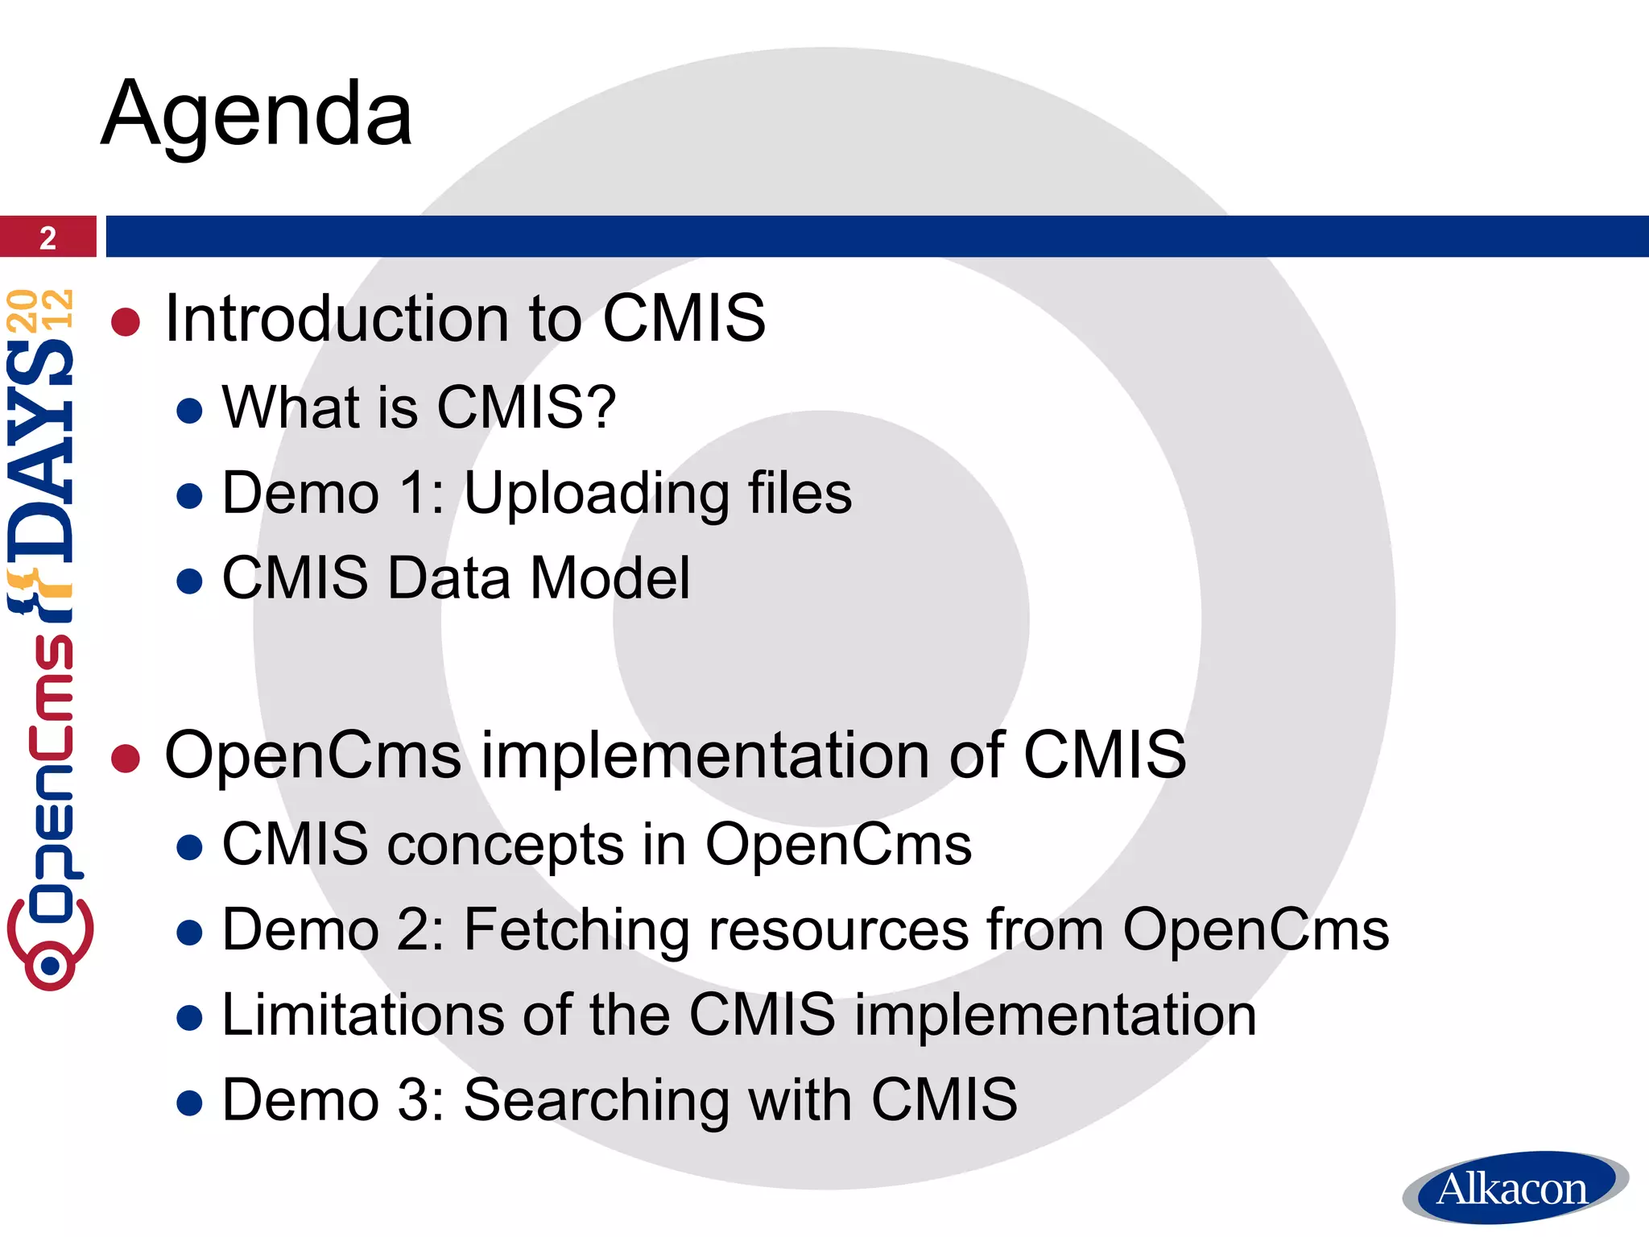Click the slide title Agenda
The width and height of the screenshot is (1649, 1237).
(257, 114)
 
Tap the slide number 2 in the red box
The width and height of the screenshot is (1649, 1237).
(48, 238)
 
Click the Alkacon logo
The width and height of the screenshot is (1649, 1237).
(1513, 1189)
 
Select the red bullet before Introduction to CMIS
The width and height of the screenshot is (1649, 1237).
(126, 322)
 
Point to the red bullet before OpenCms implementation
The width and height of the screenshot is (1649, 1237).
(126, 758)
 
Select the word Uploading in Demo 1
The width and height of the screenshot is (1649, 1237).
(596, 494)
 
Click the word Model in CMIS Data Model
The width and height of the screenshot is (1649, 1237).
(610, 578)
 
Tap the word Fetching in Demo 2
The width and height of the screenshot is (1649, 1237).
(577, 930)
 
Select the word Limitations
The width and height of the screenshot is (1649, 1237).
(363, 1014)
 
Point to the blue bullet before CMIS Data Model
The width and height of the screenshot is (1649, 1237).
(189, 581)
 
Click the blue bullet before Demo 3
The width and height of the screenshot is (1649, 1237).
(189, 1103)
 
